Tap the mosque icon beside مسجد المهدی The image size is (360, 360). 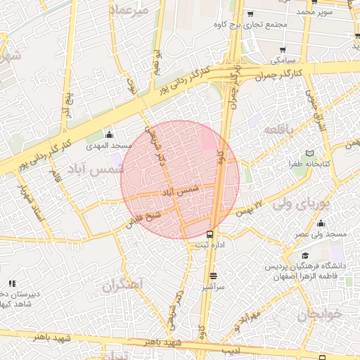(x=109, y=135)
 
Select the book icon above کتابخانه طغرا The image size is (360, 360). (x=310, y=153)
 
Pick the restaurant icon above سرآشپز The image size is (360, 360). (x=213, y=276)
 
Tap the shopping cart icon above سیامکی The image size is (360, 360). (x=283, y=50)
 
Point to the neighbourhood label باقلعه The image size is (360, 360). (x=278, y=131)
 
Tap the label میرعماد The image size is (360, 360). (x=129, y=11)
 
